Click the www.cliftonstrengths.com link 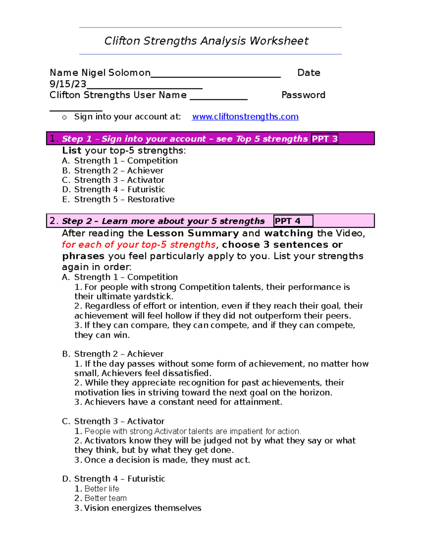[245, 117]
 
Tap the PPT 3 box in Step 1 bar [325, 139]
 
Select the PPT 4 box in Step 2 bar [293, 221]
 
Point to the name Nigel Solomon [116, 73]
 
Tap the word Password [303, 95]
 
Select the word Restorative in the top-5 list [151, 199]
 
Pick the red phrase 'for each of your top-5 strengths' [139, 245]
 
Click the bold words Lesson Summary [193, 233]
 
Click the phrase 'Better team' [105, 498]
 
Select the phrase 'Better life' [102, 489]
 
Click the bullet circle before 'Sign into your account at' [64, 118]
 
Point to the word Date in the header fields [308, 73]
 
